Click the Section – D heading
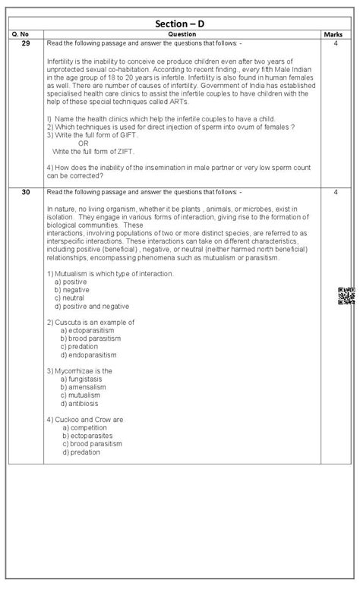(179, 24)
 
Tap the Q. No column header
(25, 34)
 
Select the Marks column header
(333, 34)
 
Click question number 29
(25, 44)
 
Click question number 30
(25, 192)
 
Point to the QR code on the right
(346, 297)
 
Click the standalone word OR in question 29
(83, 143)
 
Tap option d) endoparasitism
(89, 354)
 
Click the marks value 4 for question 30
(334, 192)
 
